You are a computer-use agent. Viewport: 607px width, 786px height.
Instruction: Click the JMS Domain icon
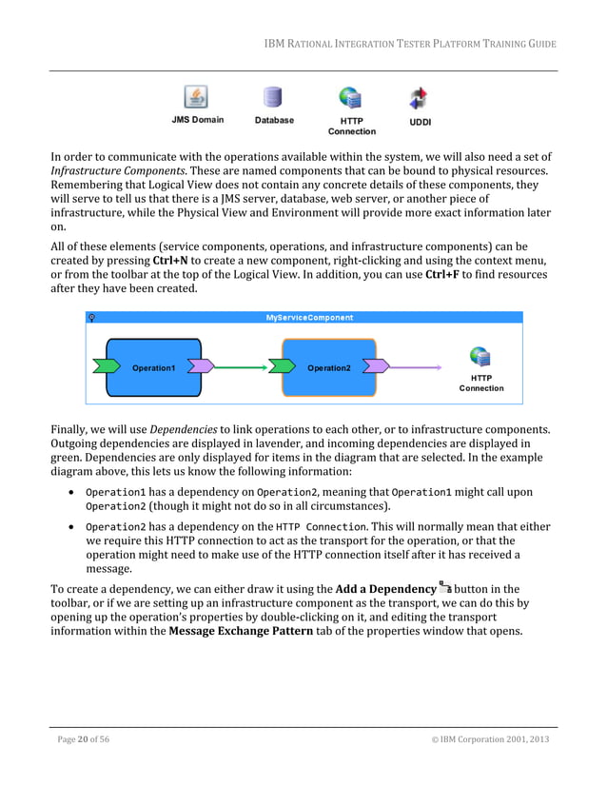[x=197, y=98]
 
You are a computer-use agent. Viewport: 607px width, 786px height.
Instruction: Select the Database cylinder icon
[x=274, y=98]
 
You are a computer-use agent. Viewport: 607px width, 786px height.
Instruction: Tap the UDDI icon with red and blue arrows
[x=419, y=98]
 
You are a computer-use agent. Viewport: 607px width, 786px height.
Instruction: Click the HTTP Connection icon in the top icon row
[x=351, y=98]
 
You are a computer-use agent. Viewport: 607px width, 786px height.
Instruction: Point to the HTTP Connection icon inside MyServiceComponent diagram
[x=481, y=358]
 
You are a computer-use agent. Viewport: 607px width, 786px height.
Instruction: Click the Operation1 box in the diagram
[x=153, y=367]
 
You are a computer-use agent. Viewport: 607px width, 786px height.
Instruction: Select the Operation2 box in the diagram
[x=328, y=367]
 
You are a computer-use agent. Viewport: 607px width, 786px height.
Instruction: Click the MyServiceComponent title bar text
[x=308, y=317]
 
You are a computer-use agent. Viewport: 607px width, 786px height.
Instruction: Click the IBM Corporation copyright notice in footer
[x=489, y=739]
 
